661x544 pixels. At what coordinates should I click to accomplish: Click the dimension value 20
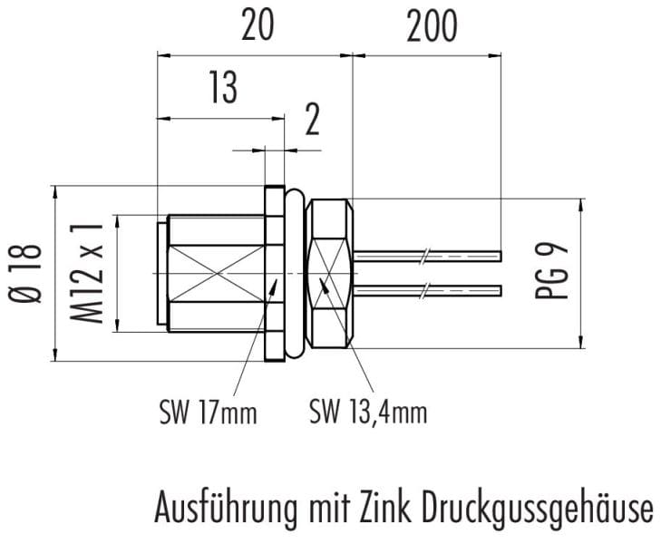[258, 25]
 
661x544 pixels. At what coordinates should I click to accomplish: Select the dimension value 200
[432, 25]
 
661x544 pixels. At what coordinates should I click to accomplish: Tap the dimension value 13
[223, 88]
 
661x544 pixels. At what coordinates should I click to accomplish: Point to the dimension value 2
[312, 120]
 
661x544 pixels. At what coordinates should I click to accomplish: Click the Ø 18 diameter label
[25, 273]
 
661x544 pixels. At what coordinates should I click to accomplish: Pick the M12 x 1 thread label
[86, 273]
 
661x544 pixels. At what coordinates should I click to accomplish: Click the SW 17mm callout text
[209, 413]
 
